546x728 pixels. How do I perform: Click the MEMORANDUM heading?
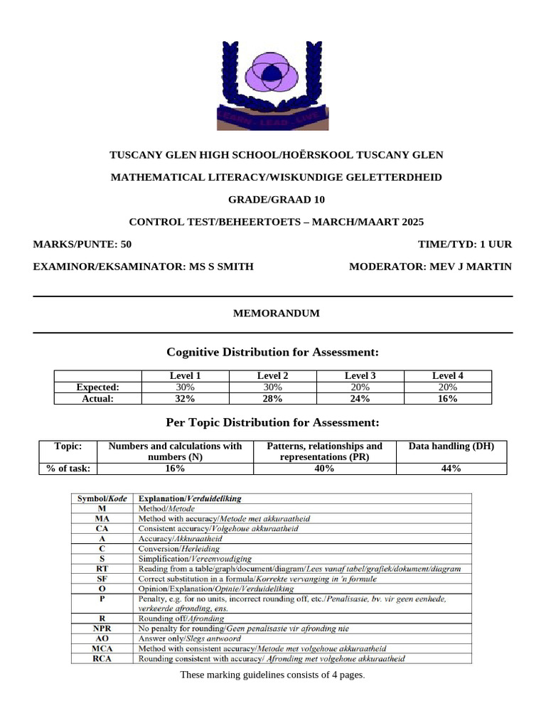[277, 313]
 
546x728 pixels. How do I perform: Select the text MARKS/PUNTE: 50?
[82, 244]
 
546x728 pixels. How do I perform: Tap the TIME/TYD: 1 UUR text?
[465, 244]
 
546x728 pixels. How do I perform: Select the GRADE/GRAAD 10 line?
[277, 199]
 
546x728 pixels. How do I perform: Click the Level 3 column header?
[360, 376]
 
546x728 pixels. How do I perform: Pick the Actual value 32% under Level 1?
[185, 399]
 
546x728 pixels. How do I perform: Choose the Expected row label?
[98, 387]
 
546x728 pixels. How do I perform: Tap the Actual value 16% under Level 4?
[447, 399]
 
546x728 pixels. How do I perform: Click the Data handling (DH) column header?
[451, 446]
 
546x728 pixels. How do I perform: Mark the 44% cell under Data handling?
[451, 469]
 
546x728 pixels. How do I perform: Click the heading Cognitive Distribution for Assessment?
[272, 352]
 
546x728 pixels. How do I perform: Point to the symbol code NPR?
[102, 628]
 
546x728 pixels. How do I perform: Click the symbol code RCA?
[102, 658]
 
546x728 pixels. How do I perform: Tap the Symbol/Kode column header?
[102, 499]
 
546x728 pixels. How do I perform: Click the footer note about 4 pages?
[272, 674]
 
